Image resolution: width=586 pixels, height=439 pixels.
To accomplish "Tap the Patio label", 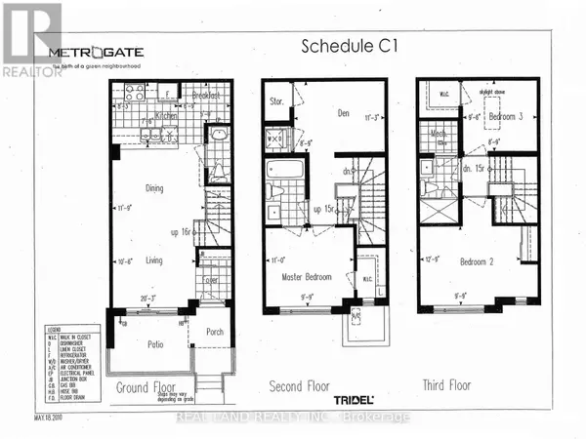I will click(149, 343).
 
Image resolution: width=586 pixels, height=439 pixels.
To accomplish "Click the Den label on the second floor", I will click(343, 113).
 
